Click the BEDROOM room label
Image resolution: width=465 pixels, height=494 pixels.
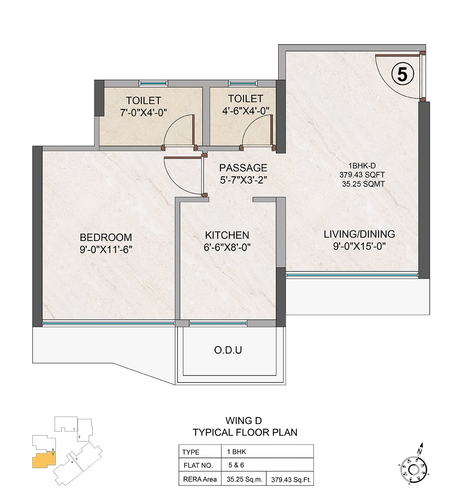[x=106, y=237]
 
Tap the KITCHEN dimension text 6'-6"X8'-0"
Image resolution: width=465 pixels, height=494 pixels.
[x=227, y=247]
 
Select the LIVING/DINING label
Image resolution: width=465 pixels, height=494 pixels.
[x=359, y=234]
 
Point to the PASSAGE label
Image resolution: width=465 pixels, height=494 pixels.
[x=243, y=168]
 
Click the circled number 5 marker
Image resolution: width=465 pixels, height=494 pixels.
[x=403, y=74]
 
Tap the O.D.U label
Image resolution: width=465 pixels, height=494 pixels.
[x=228, y=350]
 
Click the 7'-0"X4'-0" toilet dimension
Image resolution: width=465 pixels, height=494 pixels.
[x=143, y=113]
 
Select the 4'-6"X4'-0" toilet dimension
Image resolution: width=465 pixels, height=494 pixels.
[x=246, y=110]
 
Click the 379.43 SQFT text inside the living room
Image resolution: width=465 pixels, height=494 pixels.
[x=362, y=175]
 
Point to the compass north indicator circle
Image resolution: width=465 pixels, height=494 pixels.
[x=413, y=470]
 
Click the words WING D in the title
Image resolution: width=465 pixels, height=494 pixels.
[x=244, y=420]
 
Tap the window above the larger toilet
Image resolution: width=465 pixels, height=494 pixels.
[x=153, y=83]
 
